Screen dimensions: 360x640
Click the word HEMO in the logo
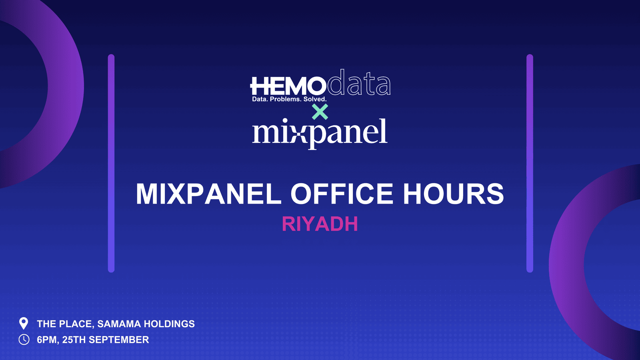pyautogui.click(x=288, y=86)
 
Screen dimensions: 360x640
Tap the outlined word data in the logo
pyautogui.click(x=359, y=84)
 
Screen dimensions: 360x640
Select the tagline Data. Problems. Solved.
pyautogui.click(x=289, y=99)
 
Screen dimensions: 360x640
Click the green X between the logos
pyautogui.click(x=320, y=112)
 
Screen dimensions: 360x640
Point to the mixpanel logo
pyautogui.click(x=320, y=132)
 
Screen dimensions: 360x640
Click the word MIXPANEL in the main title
pyautogui.click(x=208, y=194)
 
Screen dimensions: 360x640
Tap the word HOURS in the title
pyautogui.click(x=453, y=194)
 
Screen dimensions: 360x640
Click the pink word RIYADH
pyautogui.click(x=320, y=224)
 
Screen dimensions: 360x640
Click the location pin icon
pyautogui.click(x=24, y=323)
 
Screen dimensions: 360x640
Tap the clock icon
pyautogui.click(x=24, y=340)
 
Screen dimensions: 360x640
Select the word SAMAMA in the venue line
pyautogui.click(x=119, y=324)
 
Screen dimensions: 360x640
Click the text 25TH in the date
pyautogui.click(x=74, y=340)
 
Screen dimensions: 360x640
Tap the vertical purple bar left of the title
pyautogui.click(x=111, y=163)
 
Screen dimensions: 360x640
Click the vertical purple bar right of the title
pyautogui.click(x=530, y=163)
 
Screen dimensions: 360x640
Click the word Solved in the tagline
pyautogui.click(x=315, y=99)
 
